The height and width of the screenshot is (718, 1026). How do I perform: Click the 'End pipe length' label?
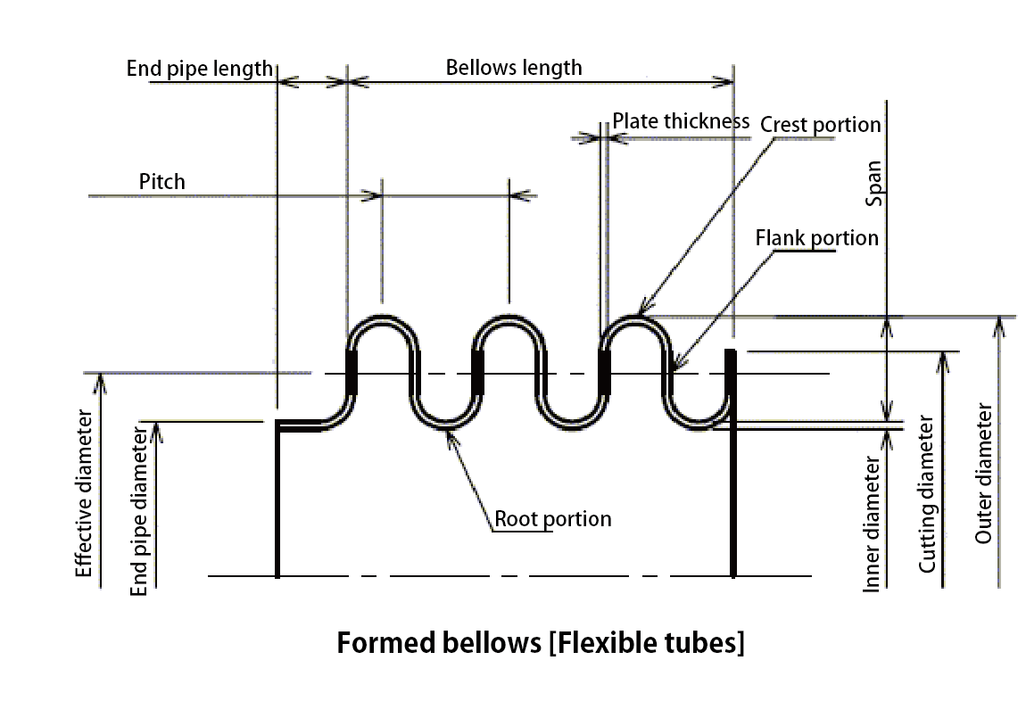tap(199, 69)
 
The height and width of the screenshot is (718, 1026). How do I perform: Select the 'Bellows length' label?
tap(513, 68)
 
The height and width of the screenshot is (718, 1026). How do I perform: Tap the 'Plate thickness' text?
tap(681, 121)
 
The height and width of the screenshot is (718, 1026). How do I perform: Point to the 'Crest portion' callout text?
tap(820, 124)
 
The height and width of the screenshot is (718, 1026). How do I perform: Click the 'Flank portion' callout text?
tap(816, 238)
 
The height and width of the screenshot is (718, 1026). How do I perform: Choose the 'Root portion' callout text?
tap(553, 518)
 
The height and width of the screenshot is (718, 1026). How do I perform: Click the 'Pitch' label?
tap(162, 182)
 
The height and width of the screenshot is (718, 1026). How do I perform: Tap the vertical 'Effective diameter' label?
tap(84, 493)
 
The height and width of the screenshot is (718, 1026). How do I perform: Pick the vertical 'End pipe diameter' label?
tap(139, 510)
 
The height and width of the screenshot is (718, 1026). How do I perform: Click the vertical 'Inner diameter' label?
tap(873, 524)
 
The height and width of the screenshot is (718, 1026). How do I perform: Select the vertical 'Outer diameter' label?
tap(983, 474)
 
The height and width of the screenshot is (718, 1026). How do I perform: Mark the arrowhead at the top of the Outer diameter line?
tap(998, 325)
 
